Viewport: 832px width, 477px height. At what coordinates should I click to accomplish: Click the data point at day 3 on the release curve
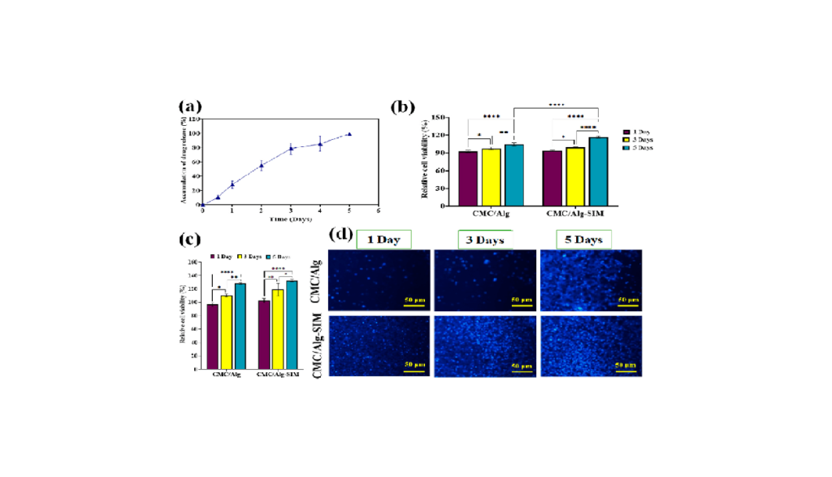(291, 149)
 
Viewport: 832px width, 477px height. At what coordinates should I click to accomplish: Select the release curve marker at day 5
(349, 134)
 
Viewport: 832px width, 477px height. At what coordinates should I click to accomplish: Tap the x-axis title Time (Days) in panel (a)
(291, 219)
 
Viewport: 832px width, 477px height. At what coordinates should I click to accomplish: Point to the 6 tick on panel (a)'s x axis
(379, 210)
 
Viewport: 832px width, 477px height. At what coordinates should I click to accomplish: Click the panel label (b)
(404, 106)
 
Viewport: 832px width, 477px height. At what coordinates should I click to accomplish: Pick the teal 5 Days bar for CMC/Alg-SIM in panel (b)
(598, 171)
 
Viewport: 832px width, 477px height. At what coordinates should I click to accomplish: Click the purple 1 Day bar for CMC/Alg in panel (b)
(467, 179)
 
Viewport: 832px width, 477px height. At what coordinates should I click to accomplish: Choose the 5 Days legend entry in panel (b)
(638, 147)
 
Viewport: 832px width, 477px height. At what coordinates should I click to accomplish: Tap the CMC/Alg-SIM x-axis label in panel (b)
(575, 215)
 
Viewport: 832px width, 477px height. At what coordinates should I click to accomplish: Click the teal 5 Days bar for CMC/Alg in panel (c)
(240, 325)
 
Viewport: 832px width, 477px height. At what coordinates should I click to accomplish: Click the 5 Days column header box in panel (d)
(583, 239)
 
